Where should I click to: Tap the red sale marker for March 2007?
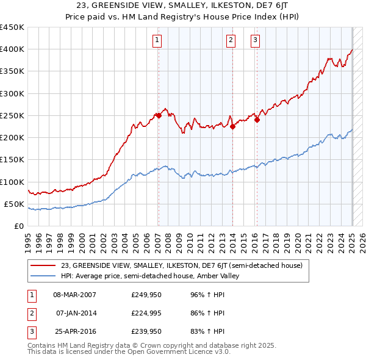click(x=159, y=115)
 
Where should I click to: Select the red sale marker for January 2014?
click(x=232, y=126)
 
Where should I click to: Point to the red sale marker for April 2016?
click(x=257, y=120)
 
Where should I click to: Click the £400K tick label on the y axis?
click(x=12, y=49)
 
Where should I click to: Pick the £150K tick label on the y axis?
click(x=12, y=160)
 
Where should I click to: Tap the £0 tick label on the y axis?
click(x=20, y=226)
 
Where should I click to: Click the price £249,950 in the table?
click(x=145, y=294)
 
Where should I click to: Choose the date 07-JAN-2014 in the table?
click(x=76, y=314)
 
